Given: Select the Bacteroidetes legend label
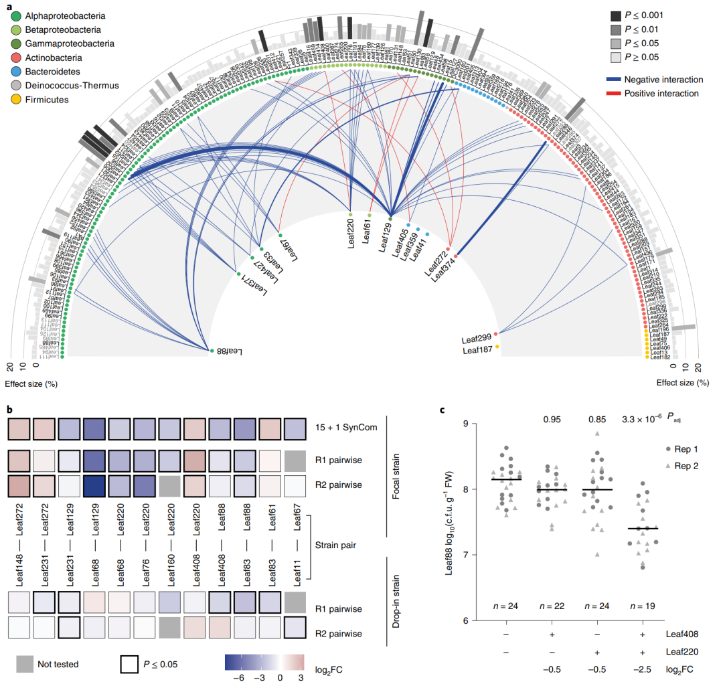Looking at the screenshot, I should [x=57, y=71].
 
